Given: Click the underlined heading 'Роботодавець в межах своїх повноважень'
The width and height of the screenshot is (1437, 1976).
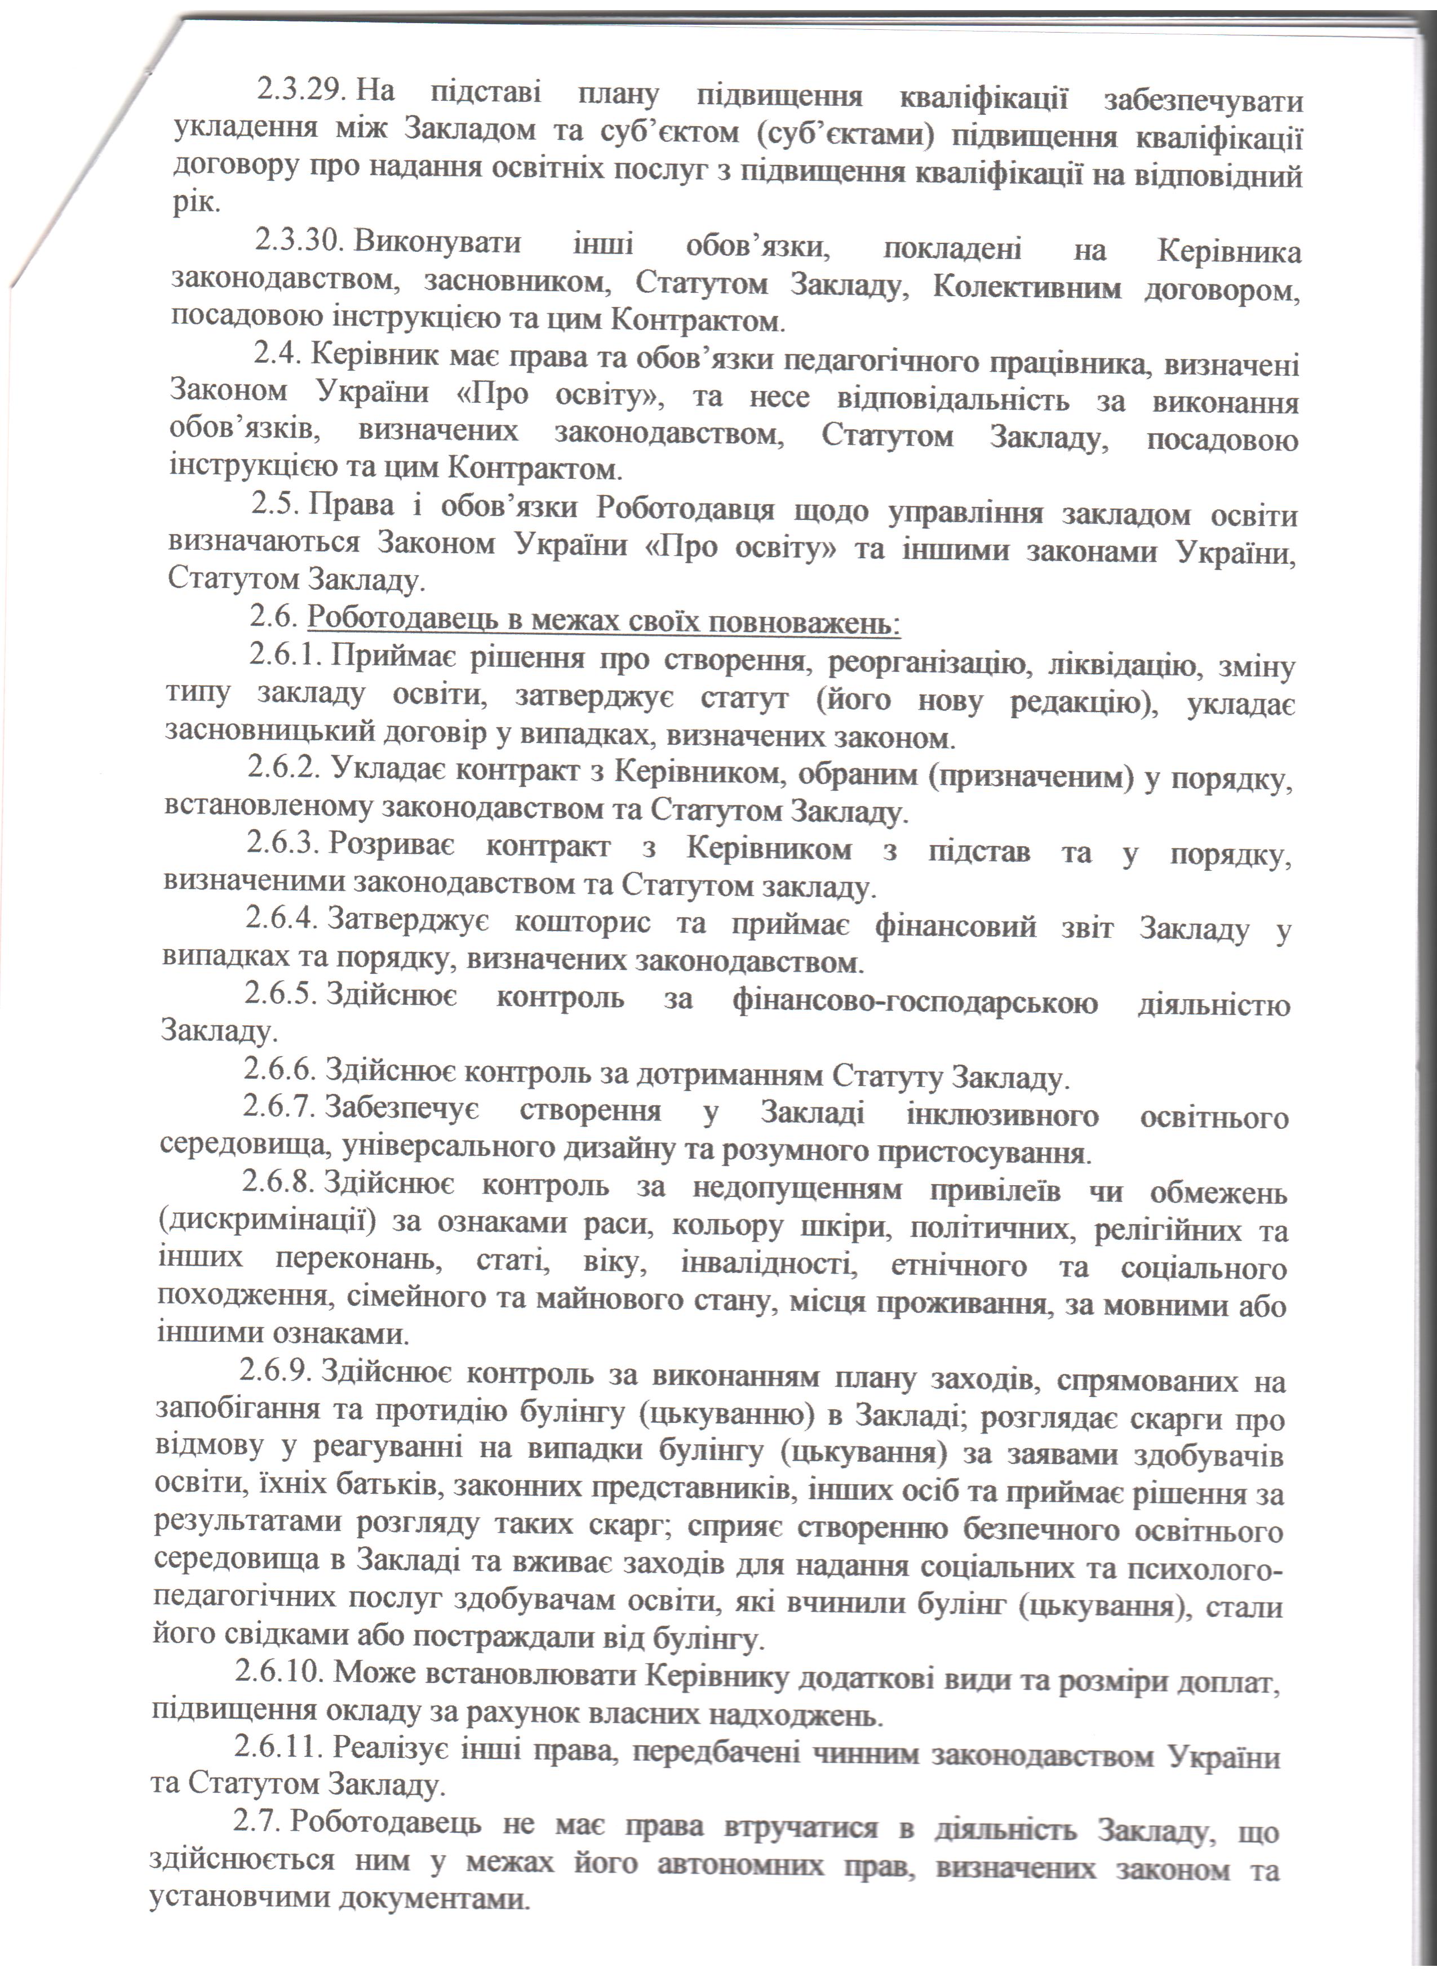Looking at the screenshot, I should coord(603,621).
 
